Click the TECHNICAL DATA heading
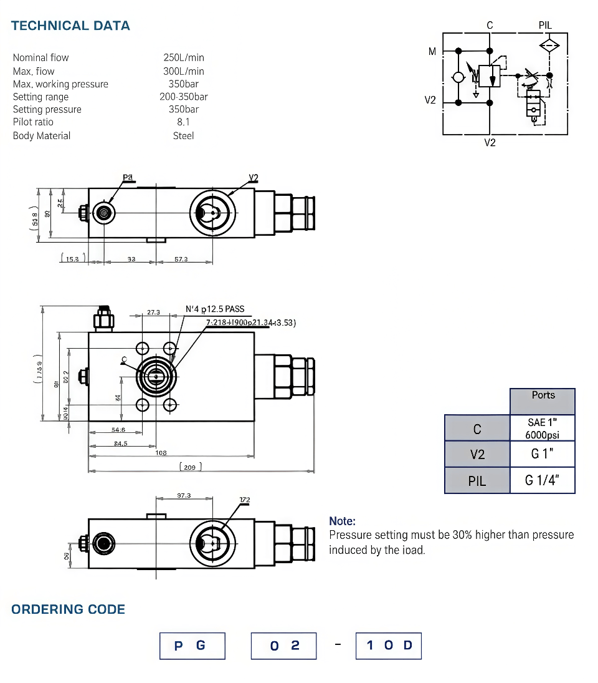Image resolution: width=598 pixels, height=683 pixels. pos(70,26)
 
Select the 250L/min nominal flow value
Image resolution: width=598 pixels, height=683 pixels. pos(184,57)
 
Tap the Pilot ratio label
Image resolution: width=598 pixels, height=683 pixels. pos(33,122)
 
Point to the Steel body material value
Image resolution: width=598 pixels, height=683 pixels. pos(184,135)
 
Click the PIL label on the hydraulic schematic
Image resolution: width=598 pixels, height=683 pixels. pos(545,26)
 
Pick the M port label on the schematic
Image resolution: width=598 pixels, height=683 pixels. pos(432,52)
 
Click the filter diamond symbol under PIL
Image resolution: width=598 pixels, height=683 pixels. pos(549,45)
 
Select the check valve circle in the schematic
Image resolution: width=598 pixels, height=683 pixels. pos(458,77)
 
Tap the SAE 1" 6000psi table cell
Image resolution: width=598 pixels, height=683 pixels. pos(542,429)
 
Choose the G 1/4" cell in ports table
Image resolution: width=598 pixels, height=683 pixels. pos(542,480)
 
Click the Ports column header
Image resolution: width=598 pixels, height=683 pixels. pos(543,395)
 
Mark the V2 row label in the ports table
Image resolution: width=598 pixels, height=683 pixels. pos(477,455)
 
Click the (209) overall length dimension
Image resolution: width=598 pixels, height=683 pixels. pos(191,467)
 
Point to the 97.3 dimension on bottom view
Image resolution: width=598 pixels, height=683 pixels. pos(184,495)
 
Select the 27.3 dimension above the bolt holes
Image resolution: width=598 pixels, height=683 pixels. pos(154,312)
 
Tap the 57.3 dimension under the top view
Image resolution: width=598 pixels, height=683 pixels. pos(181,259)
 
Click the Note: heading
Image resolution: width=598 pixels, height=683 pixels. pos(342,521)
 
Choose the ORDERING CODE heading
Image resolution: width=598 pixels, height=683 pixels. pos(68,609)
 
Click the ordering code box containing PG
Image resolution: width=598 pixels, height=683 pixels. pos(191,646)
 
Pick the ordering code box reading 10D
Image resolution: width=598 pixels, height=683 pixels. pos(389,646)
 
